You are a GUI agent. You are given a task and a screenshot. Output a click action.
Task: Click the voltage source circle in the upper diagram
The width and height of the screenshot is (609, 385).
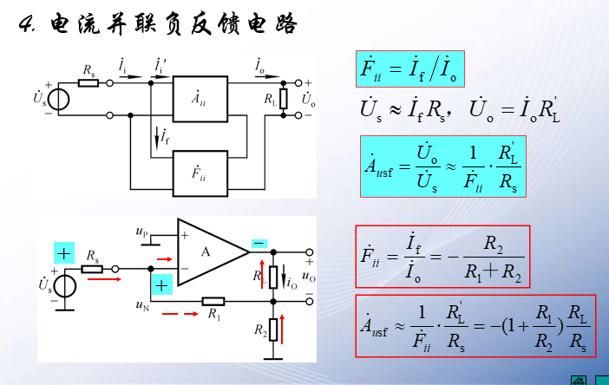point(60,99)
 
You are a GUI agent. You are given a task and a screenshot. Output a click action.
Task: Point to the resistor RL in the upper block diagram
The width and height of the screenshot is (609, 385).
point(283,99)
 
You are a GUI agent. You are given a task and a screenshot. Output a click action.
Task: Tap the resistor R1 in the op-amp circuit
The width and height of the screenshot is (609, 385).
point(213,302)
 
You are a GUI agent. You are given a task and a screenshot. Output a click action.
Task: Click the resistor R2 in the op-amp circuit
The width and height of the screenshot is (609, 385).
point(273,330)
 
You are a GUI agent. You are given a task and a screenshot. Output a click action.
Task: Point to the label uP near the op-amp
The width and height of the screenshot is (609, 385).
point(141,232)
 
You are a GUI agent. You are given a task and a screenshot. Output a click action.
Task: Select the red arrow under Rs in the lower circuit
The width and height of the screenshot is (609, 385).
point(102,280)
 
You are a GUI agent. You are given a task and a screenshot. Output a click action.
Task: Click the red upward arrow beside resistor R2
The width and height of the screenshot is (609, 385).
point(283,330)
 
